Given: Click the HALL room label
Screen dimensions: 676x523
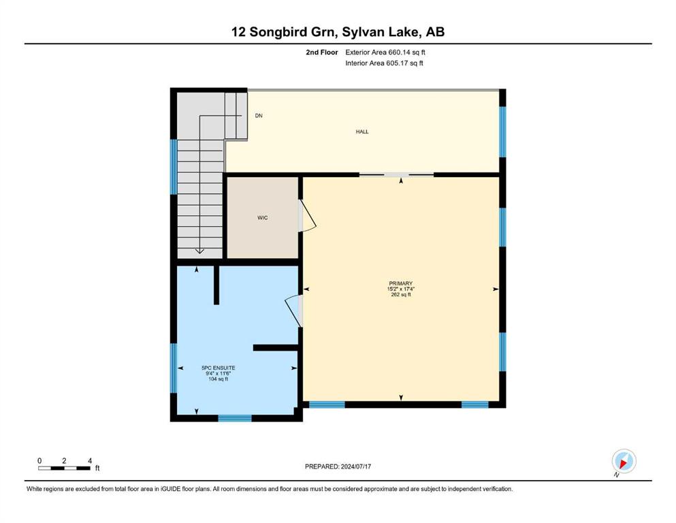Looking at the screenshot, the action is coord(362,131).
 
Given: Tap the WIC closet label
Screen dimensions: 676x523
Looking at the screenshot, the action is coord(263,218).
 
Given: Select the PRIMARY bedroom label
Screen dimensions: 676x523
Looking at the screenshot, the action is coord(401,283).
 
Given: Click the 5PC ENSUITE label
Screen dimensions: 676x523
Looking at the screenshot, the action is coord(218,368).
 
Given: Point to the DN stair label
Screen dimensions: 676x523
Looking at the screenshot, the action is coord(259,116).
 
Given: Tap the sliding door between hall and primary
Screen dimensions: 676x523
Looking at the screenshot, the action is coord(397,174).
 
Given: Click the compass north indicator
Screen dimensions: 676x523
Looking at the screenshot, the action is coord(624,461).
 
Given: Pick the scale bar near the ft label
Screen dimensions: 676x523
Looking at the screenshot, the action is coord(64,468).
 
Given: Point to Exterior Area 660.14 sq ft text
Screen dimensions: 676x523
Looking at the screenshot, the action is coord(385,52).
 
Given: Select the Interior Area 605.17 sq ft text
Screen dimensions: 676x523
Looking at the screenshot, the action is coord(384,63).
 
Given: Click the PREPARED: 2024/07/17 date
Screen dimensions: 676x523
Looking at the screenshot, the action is coord(338,466).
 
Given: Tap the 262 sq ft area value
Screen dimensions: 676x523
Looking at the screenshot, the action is coord(401,295).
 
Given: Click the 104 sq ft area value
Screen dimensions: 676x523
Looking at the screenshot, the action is coord(218,379).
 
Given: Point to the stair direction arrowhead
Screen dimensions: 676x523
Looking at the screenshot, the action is coord(199,251).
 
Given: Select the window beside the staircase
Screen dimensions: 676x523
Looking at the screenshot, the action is coord(174,167).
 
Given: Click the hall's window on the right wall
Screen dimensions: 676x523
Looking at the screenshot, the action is coord(502,131).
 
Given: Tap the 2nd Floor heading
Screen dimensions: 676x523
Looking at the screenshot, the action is coord(322,52).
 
